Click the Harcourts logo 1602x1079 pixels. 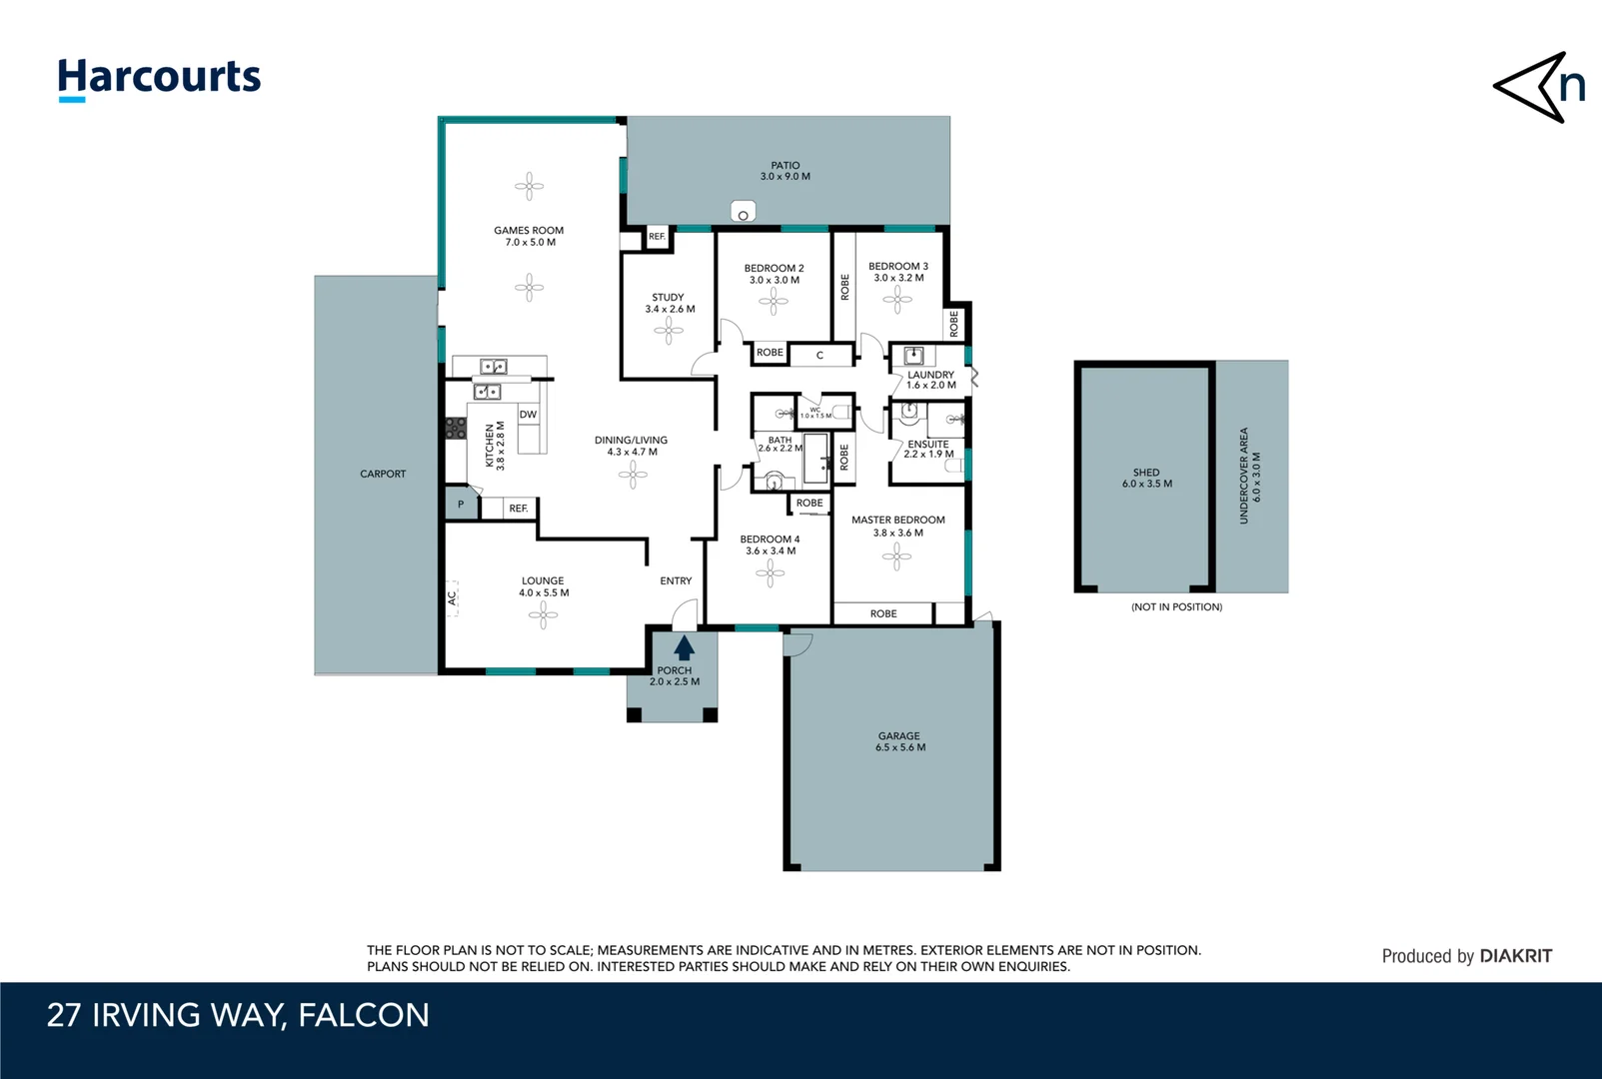click(x=160, y=80)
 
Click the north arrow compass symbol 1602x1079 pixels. click(x=1539, y=87)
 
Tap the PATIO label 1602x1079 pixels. click(x=786, y=165)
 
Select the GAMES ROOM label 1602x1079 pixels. click(x=529, y=230)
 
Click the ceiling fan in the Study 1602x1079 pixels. click(x=669, y=331)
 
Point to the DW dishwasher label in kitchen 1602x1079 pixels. click(x=528, y=415)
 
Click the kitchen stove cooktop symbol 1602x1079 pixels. click(x=456, y=429)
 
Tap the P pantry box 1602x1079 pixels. click(x=461, y=505)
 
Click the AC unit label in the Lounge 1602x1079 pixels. click(x=452, y=597)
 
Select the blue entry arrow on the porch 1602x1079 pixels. click(x=685, y=647)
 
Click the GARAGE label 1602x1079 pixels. click(x=899, y=735)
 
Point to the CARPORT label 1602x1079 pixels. click(x=383, y=474)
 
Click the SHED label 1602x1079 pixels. click(x=1145, y=473)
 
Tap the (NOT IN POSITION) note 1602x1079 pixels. click(x=1176, y=607)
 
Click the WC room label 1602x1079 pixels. click(x=815, y=410)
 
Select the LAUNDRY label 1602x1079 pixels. click(x=930, y=375)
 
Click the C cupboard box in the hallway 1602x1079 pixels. click(x=819, y=356)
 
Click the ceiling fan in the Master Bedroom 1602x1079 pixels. click(x=896, y=556)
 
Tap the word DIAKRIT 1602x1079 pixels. click(x=1516, y=956)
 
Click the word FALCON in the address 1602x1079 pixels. click(x=364, y=1015)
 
